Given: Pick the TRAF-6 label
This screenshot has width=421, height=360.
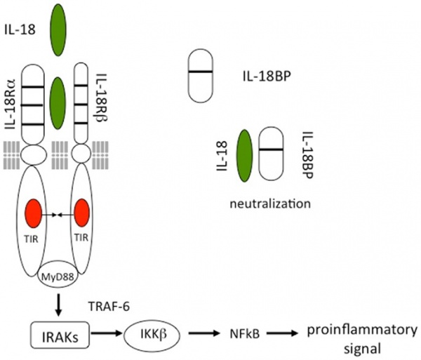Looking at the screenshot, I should click(109, 306).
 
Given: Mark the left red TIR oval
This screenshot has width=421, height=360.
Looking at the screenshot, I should click(34, 214).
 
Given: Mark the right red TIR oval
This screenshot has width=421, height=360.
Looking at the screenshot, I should click(81, 214).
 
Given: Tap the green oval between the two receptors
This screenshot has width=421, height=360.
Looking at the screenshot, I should click(58, 98).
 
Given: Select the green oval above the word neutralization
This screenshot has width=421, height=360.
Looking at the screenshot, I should click(244, 159).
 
